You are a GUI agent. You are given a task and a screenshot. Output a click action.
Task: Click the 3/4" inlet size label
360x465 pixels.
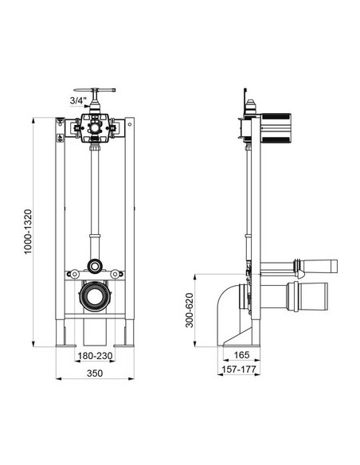click(77, 100)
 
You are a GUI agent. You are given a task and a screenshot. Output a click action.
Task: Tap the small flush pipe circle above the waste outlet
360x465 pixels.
click(96, 266)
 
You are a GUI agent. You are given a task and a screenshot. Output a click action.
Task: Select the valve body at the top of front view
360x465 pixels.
click(95, 126)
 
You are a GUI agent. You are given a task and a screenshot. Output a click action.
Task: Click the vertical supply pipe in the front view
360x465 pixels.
click(96, 191)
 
